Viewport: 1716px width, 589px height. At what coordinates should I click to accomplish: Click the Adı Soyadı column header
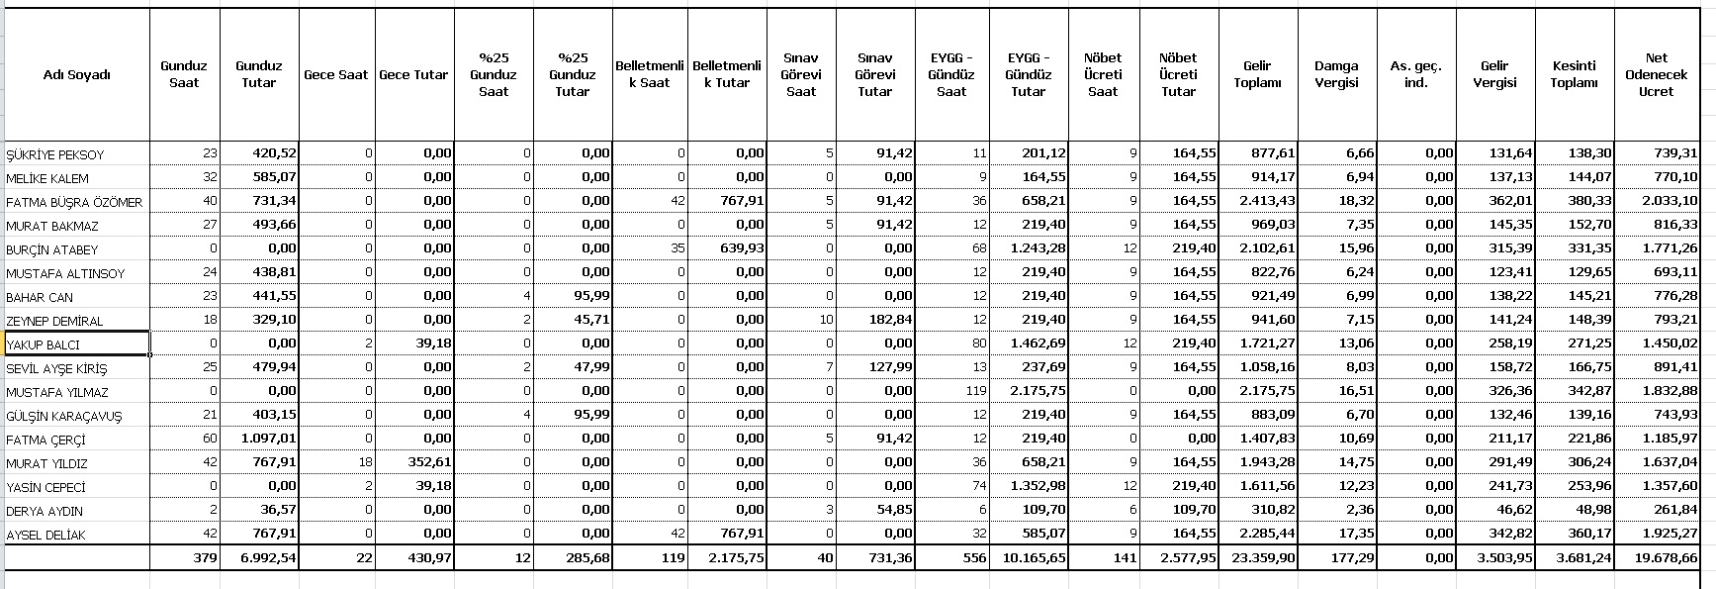pyautogui.click(x=77, y=74)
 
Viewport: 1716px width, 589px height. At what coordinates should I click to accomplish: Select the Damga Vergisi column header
pyautogui.click(x=1335, y=74)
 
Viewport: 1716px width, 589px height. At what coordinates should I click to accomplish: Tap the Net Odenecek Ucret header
pyautogui.click(x=1656, y=74)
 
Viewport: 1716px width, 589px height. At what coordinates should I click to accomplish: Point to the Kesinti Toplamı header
pyautogui.click(x=1573, y=74)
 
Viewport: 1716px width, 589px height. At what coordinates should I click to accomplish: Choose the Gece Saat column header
pyautogui.click(x=335, y=74)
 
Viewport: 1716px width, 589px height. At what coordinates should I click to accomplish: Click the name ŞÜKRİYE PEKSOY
pyautogui.click(x=55, y=154)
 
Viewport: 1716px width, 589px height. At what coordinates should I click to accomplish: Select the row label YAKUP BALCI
pyautogui.click(x=43, y=344)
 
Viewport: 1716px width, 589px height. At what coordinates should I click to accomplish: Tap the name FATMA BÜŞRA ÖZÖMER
pyautogui.click(x=74, y=202)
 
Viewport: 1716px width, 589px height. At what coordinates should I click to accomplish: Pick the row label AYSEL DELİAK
pyautogui.click(x=45, y=535)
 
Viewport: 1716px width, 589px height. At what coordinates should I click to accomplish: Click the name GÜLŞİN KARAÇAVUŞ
pyautogui.click(x=63, y=416)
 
